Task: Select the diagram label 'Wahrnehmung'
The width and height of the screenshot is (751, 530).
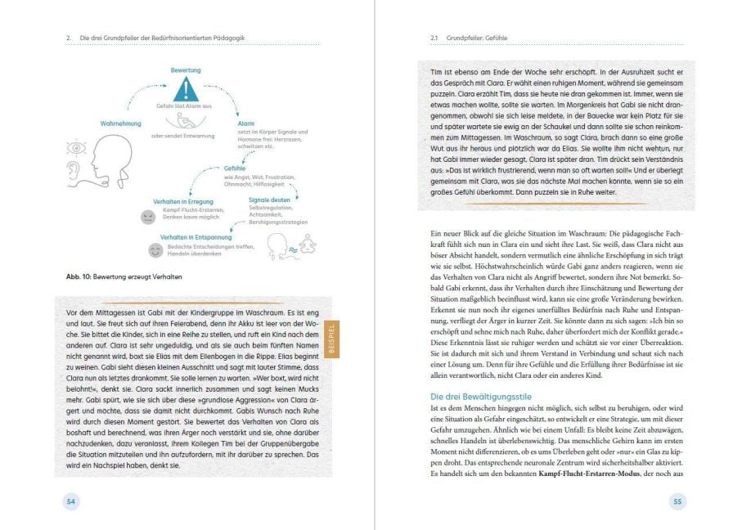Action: click(121, 124)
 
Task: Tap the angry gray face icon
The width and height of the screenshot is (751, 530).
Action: click(147, 217)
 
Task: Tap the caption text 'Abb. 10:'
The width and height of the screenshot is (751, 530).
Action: click(81, 277)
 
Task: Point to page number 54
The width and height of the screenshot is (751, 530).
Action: click(70, 501)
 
